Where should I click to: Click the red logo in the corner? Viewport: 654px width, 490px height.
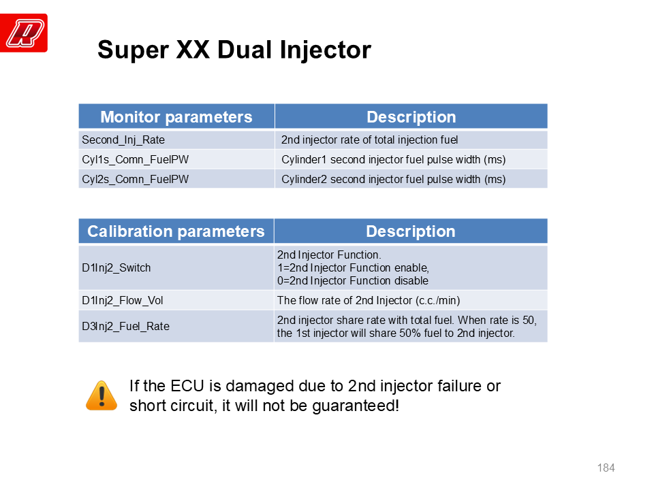24,33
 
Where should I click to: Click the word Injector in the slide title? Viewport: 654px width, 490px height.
326,50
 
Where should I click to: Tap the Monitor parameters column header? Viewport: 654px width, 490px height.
176,116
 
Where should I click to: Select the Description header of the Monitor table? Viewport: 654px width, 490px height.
411,116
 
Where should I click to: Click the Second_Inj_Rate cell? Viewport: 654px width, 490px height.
176,140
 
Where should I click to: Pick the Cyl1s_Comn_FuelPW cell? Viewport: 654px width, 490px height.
176,159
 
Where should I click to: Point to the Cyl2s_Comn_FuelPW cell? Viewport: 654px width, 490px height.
176,179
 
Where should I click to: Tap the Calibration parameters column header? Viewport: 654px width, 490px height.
176,231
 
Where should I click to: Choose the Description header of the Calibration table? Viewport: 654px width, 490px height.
411,231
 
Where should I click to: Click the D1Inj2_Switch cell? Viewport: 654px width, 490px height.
176,267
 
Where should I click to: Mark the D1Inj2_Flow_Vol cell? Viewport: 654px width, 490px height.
176,300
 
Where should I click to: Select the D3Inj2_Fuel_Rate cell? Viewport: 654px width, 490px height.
176,326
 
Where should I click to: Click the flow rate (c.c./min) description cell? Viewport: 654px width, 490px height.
411,300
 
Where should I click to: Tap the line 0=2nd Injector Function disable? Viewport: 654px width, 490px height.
353,281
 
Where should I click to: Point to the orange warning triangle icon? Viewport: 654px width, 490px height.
102,396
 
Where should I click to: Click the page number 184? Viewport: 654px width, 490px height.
606,468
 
